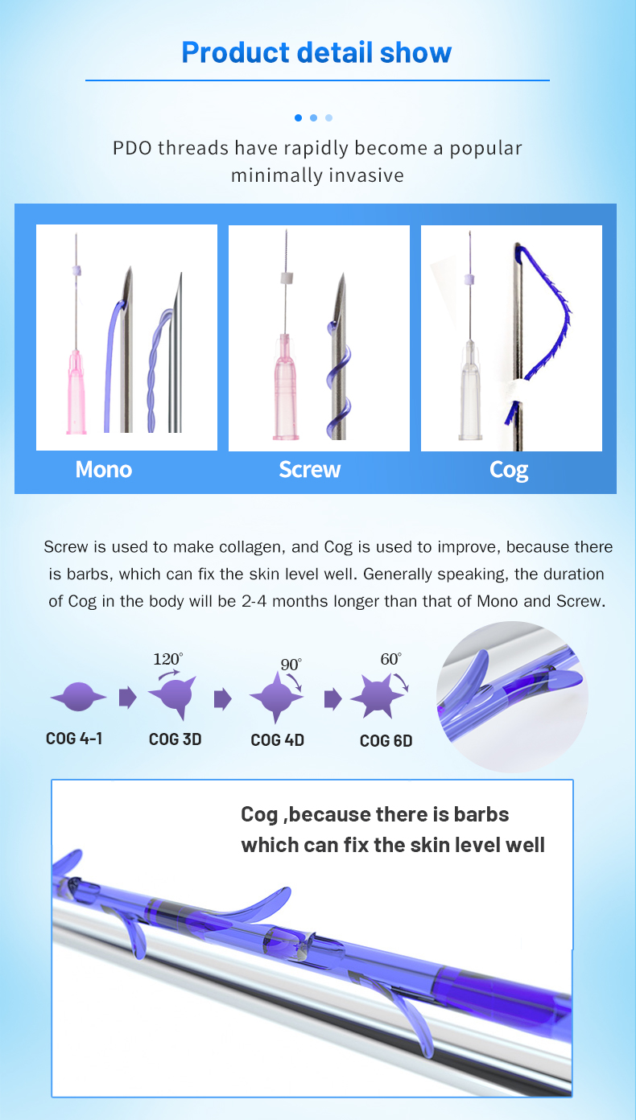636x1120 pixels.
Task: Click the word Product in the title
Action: tap(235, 53)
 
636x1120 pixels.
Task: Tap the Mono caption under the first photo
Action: tap(104, 470)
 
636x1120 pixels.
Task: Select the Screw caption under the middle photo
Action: tap(310, 470)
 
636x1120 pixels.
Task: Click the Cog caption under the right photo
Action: tap(509, 471)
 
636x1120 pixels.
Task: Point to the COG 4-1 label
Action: tap(74, 739)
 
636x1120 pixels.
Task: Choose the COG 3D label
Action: tap(176, 739)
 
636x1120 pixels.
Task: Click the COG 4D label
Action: tap(277, 740)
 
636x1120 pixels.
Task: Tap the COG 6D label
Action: tap(386, 740)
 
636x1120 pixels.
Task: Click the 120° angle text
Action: tap(168, 659)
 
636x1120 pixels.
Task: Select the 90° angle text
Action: tap(291, 665)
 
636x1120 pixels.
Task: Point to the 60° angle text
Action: tap(390, 659)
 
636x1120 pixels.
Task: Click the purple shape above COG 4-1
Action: tap(78, 697)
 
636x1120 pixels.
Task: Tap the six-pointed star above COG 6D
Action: tap(378, 697)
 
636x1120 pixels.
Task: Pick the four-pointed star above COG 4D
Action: tap(276, 697)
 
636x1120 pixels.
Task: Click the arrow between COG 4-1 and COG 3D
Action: tap(127, 697)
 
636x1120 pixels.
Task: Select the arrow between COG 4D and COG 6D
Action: tap(332, 698)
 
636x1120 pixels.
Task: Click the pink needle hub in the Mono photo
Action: tap(76, 392)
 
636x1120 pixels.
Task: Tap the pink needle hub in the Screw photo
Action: tap(285, 387)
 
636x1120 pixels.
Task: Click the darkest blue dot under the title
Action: tap(298, 117)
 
